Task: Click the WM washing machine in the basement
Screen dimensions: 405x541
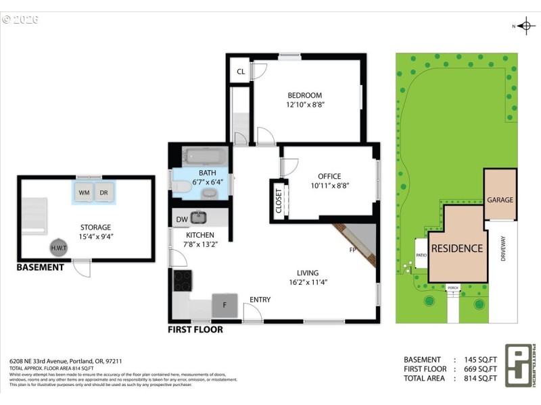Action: click(x=84, y=192)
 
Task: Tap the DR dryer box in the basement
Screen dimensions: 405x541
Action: click(x=104, y=192)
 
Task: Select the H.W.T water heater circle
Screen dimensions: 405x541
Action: click(x=60, y=248)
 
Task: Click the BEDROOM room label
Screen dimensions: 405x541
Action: click(x=304, y=95)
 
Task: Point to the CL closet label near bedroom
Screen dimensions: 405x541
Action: click(x=241, y=72)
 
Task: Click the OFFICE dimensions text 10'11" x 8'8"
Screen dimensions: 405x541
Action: click(x=329, y=186)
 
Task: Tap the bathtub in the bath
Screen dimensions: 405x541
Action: click(x=206, y=157)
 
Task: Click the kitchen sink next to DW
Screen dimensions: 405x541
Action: click(x=198, y=217)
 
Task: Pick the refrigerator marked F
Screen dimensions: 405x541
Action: click(x=225, y=304)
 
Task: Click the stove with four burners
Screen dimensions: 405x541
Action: click(x=183, y=279)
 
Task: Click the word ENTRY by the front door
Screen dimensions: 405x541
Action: click(x=260, y=299)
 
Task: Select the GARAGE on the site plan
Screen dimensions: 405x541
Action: click(x=500, y=200)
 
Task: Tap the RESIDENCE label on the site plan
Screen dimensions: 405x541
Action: click(x=457, y=248)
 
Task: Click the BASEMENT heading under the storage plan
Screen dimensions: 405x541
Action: click(x=41, y=267)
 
